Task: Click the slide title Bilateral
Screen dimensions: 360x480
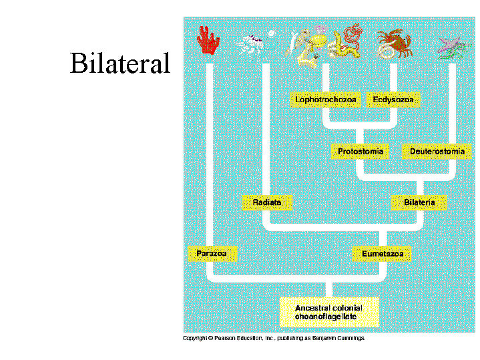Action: tap(120, 64)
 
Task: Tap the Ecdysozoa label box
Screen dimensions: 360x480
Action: tap(393, 100)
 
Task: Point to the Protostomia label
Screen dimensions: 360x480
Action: tap(361, 152)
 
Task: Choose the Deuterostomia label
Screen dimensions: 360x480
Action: tap(437, 152)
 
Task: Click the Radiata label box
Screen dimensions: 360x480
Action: tap(267, 202)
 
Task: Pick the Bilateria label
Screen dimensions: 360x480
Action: tap(419, 202)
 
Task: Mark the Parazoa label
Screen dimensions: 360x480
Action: tap(211, 254)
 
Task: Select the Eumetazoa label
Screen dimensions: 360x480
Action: tap(382, 254)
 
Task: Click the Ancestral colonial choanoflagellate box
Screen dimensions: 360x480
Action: tap(329, 312)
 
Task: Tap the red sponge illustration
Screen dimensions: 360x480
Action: tap(209, 41)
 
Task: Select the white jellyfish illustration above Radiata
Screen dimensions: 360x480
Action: tap(252, 43)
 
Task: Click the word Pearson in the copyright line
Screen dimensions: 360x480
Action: tap(224, 339)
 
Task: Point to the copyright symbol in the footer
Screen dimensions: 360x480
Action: tap(210, 339)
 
